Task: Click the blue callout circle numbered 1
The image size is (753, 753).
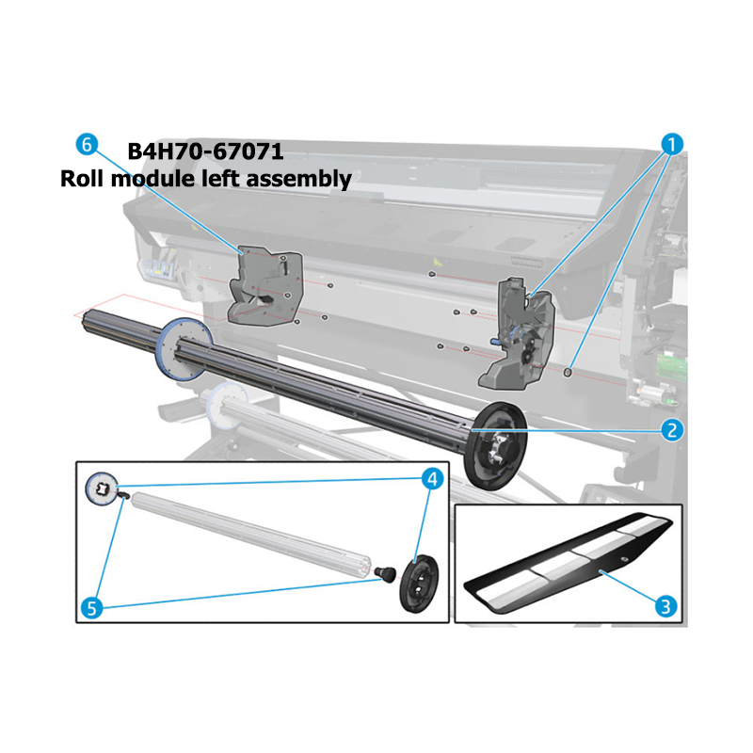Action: coord(672,144)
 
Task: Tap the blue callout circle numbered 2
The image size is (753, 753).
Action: coord(672,429)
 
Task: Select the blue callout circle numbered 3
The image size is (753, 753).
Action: coord(665,606)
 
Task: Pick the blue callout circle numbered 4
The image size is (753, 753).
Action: coord(432,479)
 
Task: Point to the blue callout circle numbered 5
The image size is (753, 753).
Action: coord(91,608)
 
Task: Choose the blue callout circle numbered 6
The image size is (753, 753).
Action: coord(87,144)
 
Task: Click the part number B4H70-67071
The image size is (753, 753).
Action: coord(205,152)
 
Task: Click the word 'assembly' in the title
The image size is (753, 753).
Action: coord(299,179)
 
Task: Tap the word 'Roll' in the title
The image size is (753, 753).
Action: coord(83,179)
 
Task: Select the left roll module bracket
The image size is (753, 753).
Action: coord(265,286)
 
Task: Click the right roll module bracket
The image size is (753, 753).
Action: coord(516,334)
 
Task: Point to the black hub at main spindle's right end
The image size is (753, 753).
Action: coord(496,446)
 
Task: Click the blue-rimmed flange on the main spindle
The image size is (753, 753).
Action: coord(184,349)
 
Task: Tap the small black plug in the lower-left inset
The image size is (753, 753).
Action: coord(385,573)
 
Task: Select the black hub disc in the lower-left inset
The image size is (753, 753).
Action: coord(419,584)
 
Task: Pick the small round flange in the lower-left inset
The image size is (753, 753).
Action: coord(102,489)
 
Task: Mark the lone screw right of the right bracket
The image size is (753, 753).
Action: coord(568,372)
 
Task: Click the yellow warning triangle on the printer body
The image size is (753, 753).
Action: coord(436,262)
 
